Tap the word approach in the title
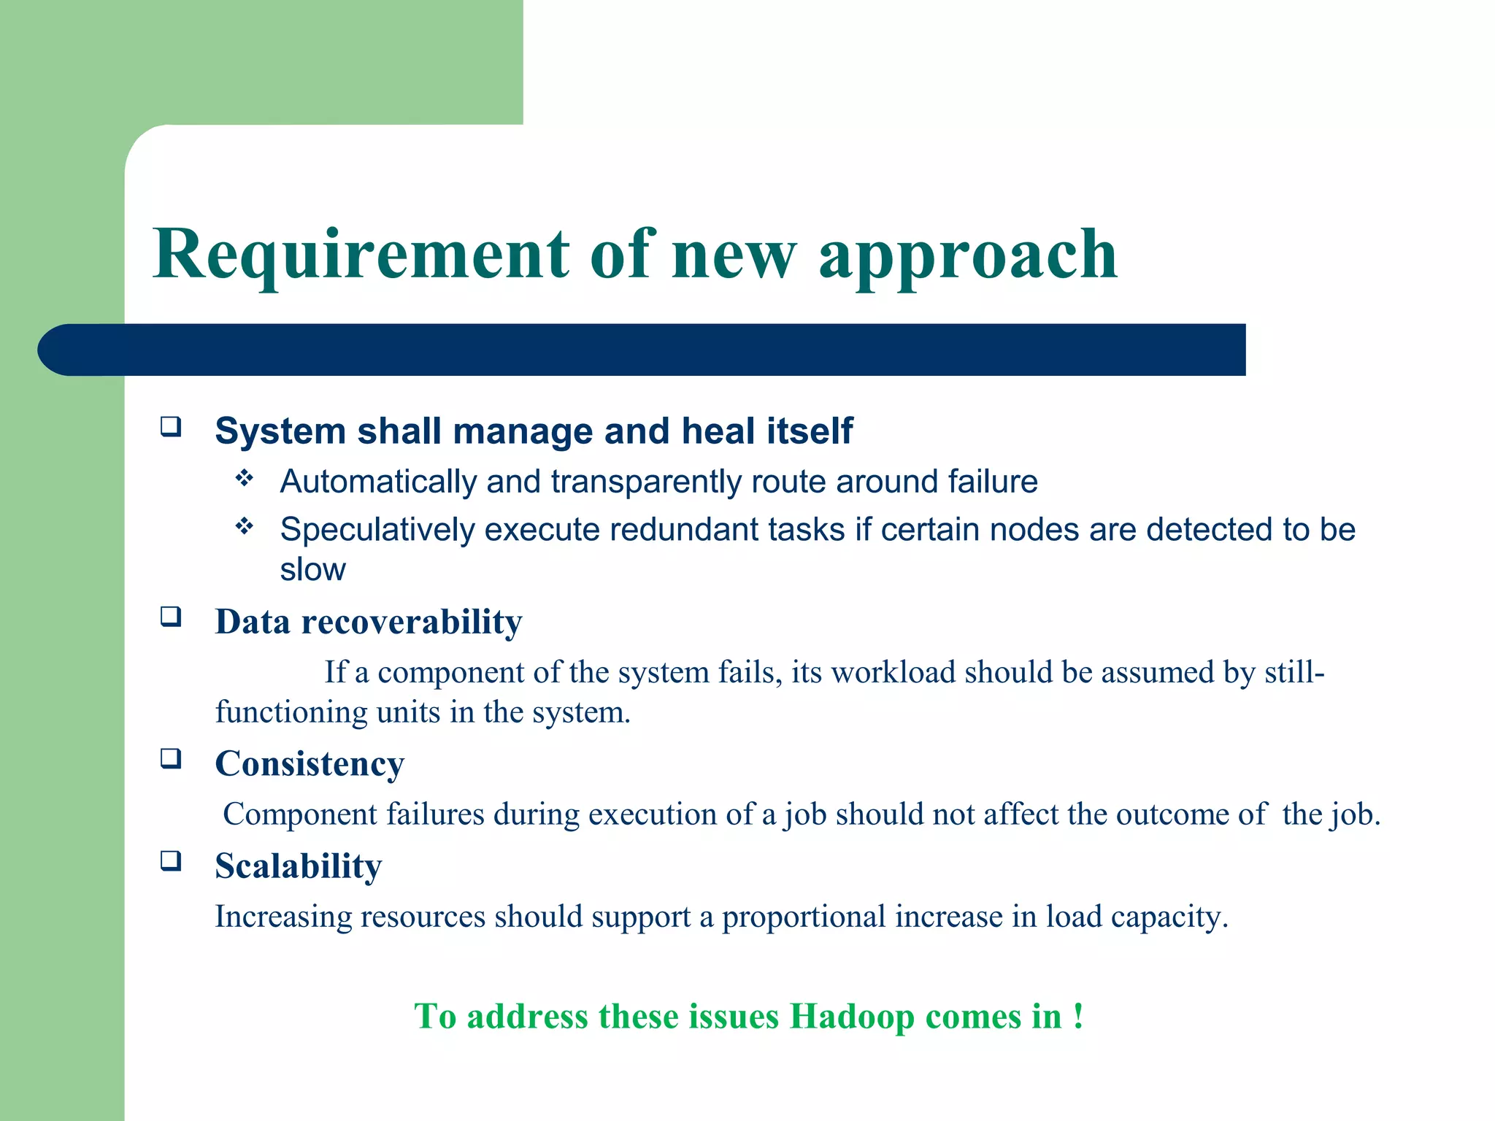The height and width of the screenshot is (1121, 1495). (x=968, y=255)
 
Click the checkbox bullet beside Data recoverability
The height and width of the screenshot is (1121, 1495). (x=171, y=617)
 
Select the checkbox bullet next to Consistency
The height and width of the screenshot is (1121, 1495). (x=171, y=759)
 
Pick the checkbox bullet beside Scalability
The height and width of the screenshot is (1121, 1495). (x=171, y=861)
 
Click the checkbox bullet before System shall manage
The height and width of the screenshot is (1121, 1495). (x=171, y=426)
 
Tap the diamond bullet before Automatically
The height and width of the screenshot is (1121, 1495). (x=245, y=479)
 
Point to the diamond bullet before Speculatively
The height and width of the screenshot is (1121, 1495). (x=245, y=526)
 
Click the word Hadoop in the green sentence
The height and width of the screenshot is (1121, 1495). (x=851, y=1017)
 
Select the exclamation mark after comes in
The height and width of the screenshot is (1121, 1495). (x=1078, y=1016)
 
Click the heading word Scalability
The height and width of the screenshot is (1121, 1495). (x=298, y=867)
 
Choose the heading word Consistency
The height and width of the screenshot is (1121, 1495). (x=310, y=765)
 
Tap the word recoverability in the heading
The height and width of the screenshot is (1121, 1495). (x=412, y=623)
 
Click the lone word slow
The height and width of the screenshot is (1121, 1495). (x=312, y=570)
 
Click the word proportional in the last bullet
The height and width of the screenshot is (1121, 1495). (x=804, y=917)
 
